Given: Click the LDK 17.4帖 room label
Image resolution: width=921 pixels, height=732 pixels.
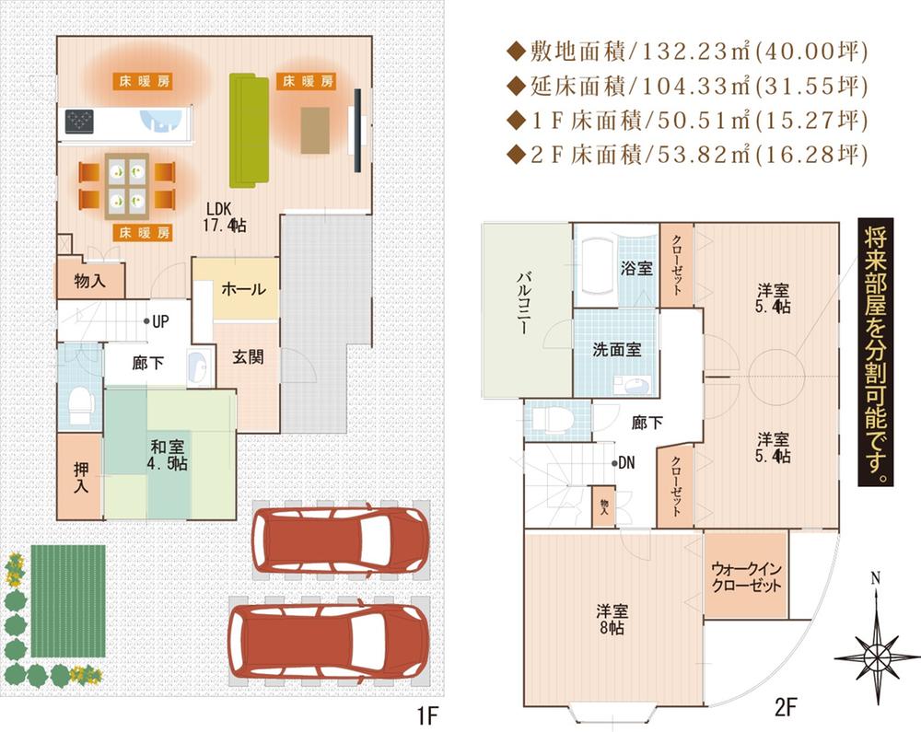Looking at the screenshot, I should coord(224,217).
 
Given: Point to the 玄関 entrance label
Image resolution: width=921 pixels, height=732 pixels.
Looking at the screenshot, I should coord(247,356).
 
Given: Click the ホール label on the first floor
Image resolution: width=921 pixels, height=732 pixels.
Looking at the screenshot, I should coord(243,289).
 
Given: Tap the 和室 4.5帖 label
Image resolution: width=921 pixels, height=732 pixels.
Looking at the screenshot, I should coord(169,455).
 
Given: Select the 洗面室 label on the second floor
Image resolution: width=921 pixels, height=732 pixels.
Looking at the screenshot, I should coord(616,350).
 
